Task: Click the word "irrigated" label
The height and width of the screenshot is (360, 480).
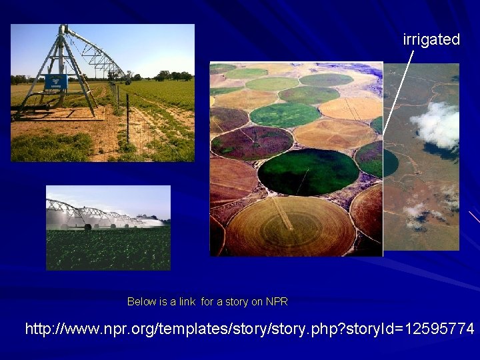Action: pyautogui.click(x=431, y=39)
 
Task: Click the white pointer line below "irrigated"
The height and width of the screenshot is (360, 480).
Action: pyautogui.click(x=398, y=93)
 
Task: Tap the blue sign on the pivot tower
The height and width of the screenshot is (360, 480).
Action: pyautogui.click(x=55, y=82)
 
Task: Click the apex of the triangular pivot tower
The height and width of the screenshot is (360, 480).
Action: pyautogui.click(x=63, y=29)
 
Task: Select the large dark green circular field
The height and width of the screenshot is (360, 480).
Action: pyautogui.click(x=307, y=171)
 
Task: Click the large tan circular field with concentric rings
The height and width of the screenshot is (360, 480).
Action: pyautogui.click(x=290, y=227)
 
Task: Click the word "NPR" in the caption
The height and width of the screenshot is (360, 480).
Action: pyautogui.click(x=277, y=302)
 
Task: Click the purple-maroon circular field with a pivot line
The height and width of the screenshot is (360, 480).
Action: pyautogui.click(x=252, y=142)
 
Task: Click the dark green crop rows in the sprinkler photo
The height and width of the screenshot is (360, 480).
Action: pyautogui.click(x=107, y=250)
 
